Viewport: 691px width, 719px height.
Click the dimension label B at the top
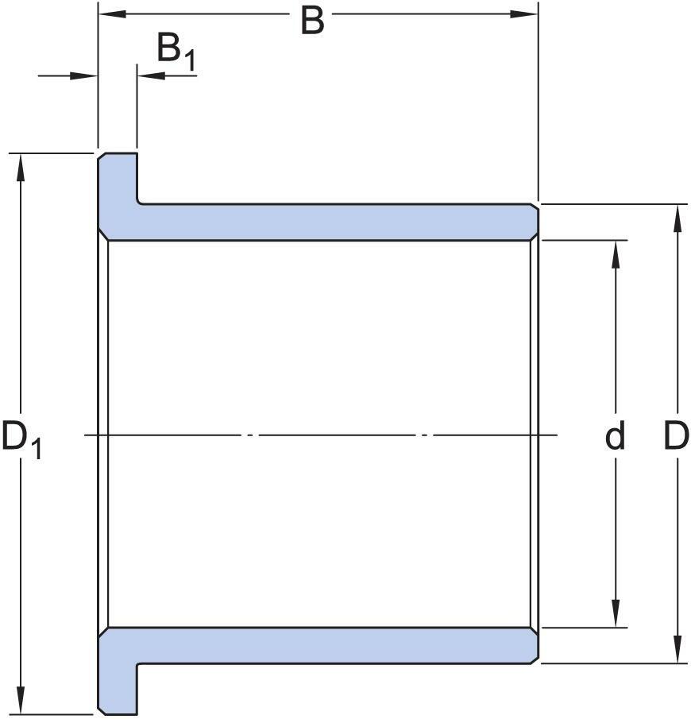[x=312, y=21]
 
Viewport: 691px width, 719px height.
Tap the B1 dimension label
[x=176, y=52]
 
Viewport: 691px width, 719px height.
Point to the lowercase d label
[x=615, y=435]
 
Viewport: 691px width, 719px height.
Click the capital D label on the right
[x=677, y=435]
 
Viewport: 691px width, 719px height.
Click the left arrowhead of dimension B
[x=112, y=14]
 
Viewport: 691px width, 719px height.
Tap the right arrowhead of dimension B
[x=523, y=14]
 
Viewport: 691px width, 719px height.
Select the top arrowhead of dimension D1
[x=20, y=168]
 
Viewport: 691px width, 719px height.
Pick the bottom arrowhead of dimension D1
[x=20, y=699]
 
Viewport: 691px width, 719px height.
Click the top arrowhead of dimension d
[x=616, y=254]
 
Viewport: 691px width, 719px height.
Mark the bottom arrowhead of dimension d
[x=616, y=613]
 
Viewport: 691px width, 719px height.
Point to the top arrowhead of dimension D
[x=677, y=218]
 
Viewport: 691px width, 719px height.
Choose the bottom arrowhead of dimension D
[x=677, y=649]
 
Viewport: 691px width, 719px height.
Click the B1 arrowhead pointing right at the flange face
[x=84, y=75]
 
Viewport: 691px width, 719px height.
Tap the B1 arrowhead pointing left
[x=152, y=75]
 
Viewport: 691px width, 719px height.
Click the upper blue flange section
[x=118, y=192]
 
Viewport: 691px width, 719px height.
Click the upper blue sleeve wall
[x=337, y=222]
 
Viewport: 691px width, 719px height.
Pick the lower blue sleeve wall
[x=337, y=646]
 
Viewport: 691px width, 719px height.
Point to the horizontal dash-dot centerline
[x=321, y=435]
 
